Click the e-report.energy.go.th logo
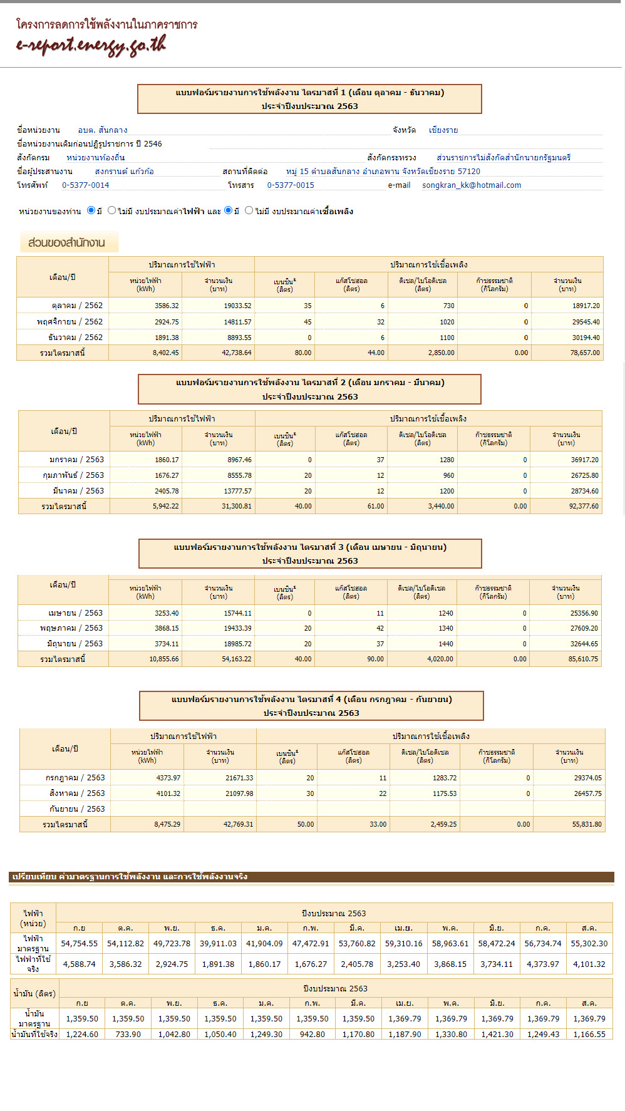click(x=91, y=45)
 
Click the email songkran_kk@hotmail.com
click(x=471, y=185)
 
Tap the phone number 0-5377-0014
click(x=85, y=185)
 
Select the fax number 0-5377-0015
click(x=291, y=185)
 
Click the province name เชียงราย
click(x=443, y=130)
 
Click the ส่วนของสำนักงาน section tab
click(x=67, y=243)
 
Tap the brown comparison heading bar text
click(x=130, y=877)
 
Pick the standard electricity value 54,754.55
click(x=79, y=944)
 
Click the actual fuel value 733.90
click(x=128, y=1035)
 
